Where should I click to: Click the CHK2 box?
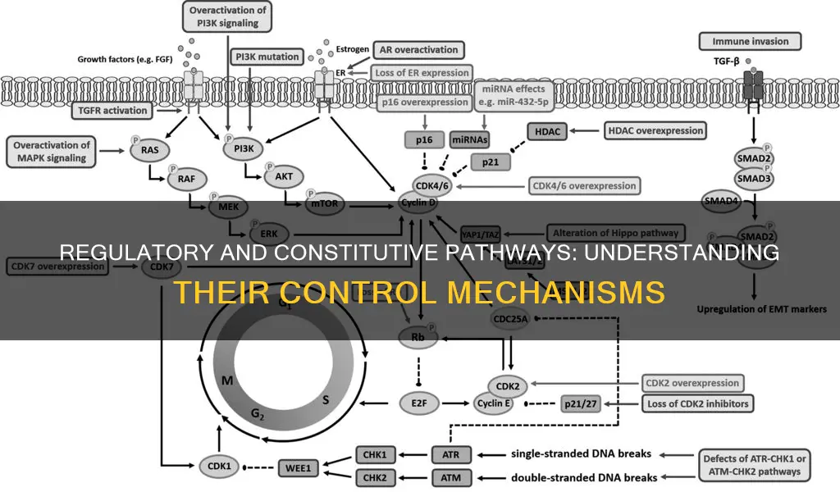pos(377,476)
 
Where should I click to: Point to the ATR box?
pos(451,453)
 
